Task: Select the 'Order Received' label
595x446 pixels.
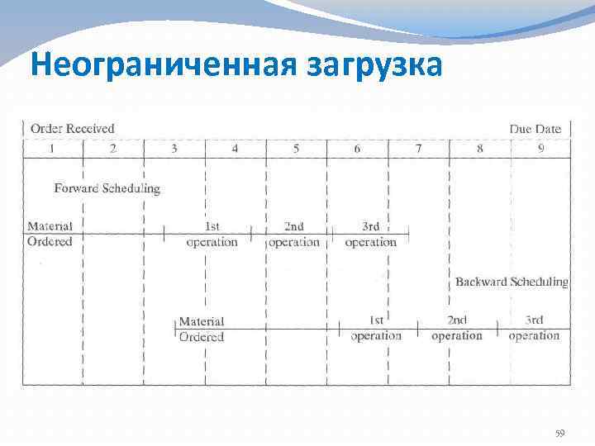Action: click(72, 129)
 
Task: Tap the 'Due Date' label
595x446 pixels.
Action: click(535, 129)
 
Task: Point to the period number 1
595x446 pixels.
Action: click(52, 149)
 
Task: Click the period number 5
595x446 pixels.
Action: click(296, 149)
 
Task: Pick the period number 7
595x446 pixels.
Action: click(418, 149)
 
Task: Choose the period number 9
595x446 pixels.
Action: click(540, 149)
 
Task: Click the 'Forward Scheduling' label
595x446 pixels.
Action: click(107, 188)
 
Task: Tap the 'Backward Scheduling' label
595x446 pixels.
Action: click(512, 282)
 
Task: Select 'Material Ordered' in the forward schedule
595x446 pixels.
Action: click(50, 234)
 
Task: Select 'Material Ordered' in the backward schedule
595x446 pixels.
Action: click(202, 329)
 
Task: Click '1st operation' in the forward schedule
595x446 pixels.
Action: click(212, 235)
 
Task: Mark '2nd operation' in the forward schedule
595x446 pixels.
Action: click(293, 235)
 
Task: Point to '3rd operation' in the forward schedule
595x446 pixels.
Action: click(370, 235)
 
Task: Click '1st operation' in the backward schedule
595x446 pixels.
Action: click(376, 328)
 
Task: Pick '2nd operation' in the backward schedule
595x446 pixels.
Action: click(456, 328)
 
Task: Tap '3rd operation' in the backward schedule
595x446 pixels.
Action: click(534, 328)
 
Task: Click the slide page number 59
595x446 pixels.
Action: click(559, 433)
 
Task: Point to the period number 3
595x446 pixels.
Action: click(174, 149)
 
